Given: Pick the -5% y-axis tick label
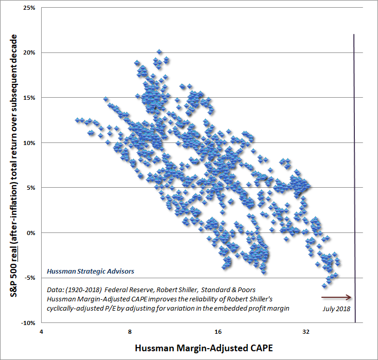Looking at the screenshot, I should [29, 278].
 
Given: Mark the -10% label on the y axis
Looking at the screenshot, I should [27, 323].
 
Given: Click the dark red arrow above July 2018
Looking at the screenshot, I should [336, 297].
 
